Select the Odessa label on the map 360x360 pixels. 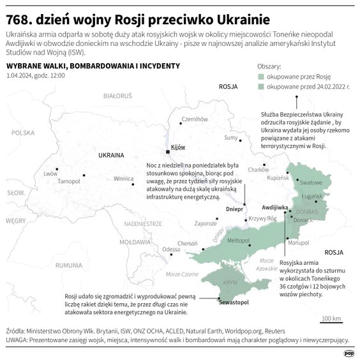pyautogui.click(x=171, y=249)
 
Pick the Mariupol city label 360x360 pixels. pyautogui.click(x=298, y=243)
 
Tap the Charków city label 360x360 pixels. pyautogui.click(x=258, y=169)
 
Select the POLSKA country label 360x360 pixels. pyautogui.click(x=22, y=133)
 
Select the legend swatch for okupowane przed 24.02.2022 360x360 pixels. pyautogui.click(x=262, y=86)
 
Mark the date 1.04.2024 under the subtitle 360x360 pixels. pyautogui.click(x=19, y=76)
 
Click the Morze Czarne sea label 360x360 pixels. pyautogui.click(x=176, y=273)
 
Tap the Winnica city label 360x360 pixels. pyautogui.click(x=124, y=179)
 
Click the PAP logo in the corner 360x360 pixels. pyautogui.click(x=349, y=352)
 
